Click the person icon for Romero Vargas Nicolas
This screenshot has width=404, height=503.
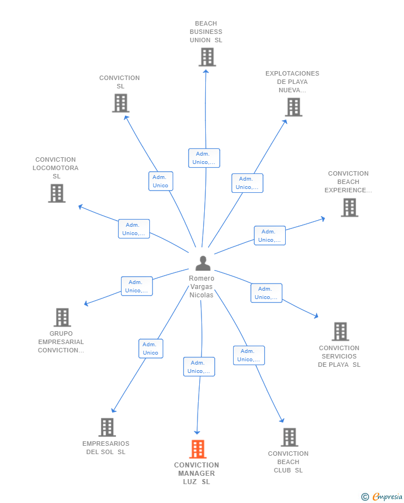click(203, 263)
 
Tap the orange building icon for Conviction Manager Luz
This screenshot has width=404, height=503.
click(198, 449)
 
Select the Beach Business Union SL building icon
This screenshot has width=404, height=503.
click(206, 57)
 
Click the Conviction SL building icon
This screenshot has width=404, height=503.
click(120, 103)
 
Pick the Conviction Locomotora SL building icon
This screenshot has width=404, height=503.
click(57, 193)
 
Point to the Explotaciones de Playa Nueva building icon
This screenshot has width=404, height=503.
click(293, 107)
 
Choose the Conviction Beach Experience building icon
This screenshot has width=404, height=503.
click(349, 207)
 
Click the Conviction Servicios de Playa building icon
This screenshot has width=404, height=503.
click(340, 331)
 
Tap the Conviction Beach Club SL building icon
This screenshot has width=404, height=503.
click(289, 437)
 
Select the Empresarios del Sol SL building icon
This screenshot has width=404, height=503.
click(107, 427)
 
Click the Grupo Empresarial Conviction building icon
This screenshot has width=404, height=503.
click(62, 317)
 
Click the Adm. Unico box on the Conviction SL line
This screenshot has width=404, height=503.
click(160, 181)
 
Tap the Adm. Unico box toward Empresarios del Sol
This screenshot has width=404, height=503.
click(150, 348)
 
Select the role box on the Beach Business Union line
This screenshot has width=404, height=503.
click(204, 158)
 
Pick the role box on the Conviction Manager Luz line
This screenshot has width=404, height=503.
click(199, 367)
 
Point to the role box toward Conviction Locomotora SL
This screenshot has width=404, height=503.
click(134, 229)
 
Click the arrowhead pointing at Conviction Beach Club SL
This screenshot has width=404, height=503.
click(282, 420)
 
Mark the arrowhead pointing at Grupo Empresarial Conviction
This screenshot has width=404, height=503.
click(86, 304)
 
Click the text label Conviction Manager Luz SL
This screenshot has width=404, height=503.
click(196, 473)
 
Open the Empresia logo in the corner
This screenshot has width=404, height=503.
click(382, 496)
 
